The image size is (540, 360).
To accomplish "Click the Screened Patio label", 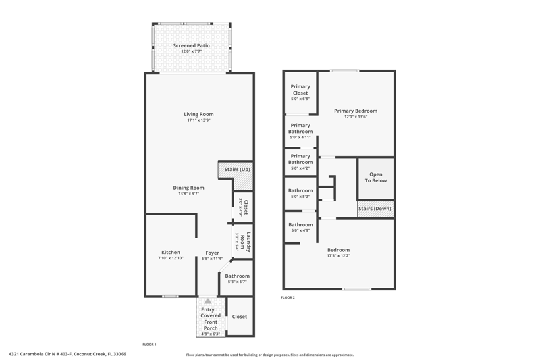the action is [191, 45].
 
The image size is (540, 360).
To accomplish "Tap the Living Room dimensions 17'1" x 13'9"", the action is [198, 120].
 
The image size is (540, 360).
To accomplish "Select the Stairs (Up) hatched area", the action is [236, 176].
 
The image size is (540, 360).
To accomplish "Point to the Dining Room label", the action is [188, 188].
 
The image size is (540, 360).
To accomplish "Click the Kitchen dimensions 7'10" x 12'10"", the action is [171, 258].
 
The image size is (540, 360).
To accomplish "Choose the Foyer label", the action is [212, 253].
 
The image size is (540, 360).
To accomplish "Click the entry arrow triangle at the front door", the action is [208, 301].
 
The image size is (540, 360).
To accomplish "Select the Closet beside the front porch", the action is [240, 317].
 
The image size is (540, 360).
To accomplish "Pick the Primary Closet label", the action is [300, 90].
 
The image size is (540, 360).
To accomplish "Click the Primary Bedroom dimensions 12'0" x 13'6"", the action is [356, 117].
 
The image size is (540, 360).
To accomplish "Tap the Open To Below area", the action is [376, 178].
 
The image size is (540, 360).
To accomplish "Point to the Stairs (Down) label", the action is [375, 209].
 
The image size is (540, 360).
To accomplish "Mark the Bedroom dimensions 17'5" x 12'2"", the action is [339, 255].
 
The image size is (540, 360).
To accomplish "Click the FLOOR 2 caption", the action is [288, 297].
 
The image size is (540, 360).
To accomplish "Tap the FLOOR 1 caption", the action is [149, 344].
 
